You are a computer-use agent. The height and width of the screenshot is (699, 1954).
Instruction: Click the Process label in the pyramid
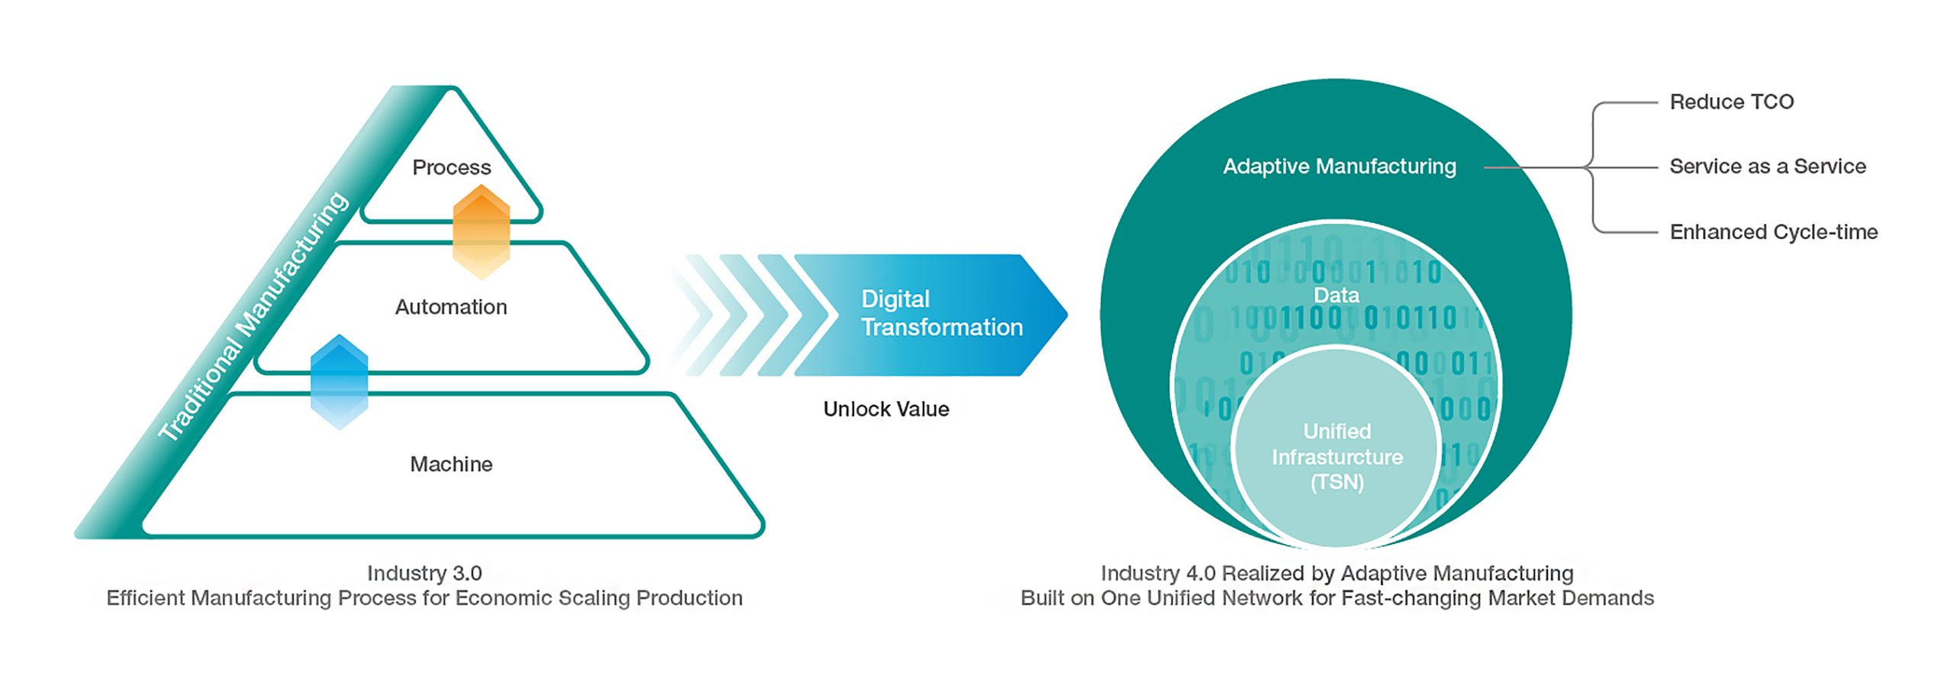[451, 167]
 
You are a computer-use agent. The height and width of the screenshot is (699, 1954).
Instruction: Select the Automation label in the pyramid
[450, 307]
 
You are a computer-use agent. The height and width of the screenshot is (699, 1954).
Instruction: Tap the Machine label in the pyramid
[451, 464]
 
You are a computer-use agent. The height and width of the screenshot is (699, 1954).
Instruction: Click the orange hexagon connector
[481, 231]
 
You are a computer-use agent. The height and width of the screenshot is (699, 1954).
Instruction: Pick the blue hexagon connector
[340, 381]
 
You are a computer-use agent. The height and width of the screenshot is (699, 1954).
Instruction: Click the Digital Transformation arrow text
[941, 313]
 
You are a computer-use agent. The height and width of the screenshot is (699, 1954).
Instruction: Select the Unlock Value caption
[885, 409]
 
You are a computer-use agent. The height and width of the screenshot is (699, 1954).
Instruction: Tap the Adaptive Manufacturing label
[1339, 167]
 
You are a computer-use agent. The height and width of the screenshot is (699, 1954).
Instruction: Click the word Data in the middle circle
[1336, 296]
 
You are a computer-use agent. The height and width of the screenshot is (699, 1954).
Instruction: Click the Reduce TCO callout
[1731, 102]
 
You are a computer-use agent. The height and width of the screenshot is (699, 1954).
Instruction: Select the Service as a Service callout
[1767, 167]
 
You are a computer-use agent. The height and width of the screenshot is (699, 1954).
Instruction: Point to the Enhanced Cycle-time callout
[1773, 231]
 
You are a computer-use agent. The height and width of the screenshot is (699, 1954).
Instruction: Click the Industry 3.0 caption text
[424, 573]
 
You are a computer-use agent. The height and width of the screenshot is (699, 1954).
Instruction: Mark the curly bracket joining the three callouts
[1594, 167]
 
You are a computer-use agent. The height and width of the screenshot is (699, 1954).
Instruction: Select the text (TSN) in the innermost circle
[1337, 483]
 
